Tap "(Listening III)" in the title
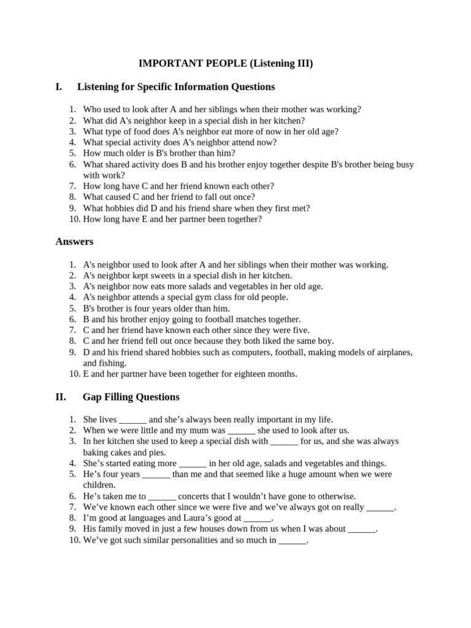pyautogui.click(x=281, y=63)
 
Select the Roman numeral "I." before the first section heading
pyautogui.click(x=59, y=86)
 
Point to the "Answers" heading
pyautogui.click(x=74, y=242)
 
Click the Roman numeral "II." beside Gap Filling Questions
pyautogui.click(x=61, y=397)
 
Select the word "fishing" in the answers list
pyautogui.click(x=113, y=363)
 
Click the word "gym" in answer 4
pyautogui.click(x=199, y=297)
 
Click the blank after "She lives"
pyautogui.click(x=132, y=420)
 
